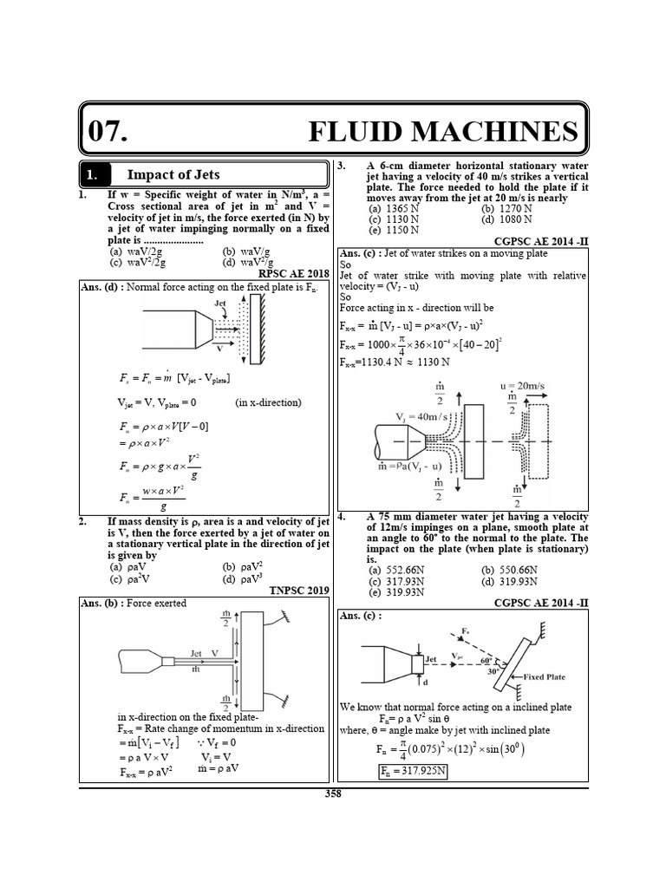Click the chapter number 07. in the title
coord(108,131)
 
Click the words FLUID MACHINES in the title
coord(443,131)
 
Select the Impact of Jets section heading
coord(173,174)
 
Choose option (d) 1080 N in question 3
coord(507,219)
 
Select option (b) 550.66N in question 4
coord(511,570)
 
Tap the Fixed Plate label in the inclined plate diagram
coord(547,676)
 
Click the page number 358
coord(333,793)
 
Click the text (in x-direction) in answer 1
coord(268,402)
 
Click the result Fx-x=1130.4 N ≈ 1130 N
coord(395,361)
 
